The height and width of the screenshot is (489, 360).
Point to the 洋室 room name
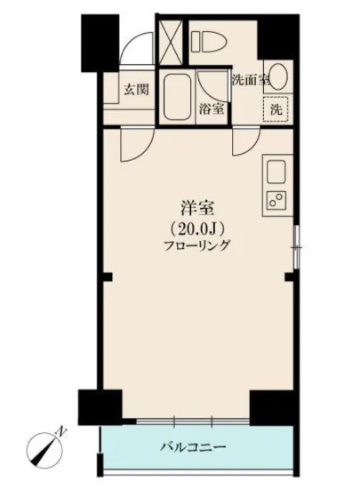tap(196, 210)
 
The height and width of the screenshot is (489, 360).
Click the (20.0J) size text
tap(196, 228)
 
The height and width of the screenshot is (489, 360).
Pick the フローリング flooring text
tap(196, 245)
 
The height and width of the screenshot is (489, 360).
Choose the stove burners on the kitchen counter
tap(276, 200)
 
